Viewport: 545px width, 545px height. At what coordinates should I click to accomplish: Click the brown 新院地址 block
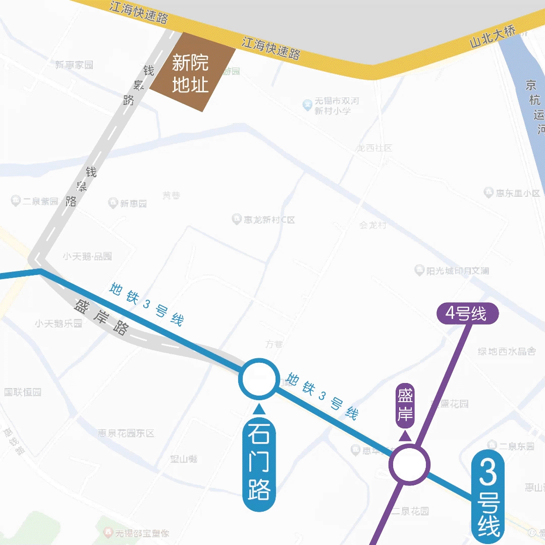(192, 73)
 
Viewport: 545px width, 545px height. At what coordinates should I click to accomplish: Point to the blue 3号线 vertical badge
(487, 497)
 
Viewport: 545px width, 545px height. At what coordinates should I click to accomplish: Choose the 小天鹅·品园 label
(87, 256)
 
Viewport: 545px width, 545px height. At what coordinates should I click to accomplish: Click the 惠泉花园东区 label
(126, 433)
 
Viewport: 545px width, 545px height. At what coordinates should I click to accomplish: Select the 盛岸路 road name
(101, 317)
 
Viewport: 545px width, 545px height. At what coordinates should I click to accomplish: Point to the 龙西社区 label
(374, 148)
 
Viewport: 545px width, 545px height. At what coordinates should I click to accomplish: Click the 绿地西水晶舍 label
(507, 351)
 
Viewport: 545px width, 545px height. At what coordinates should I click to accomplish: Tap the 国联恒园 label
(23, 392)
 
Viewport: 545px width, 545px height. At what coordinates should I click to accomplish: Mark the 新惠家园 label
(74, 65)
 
